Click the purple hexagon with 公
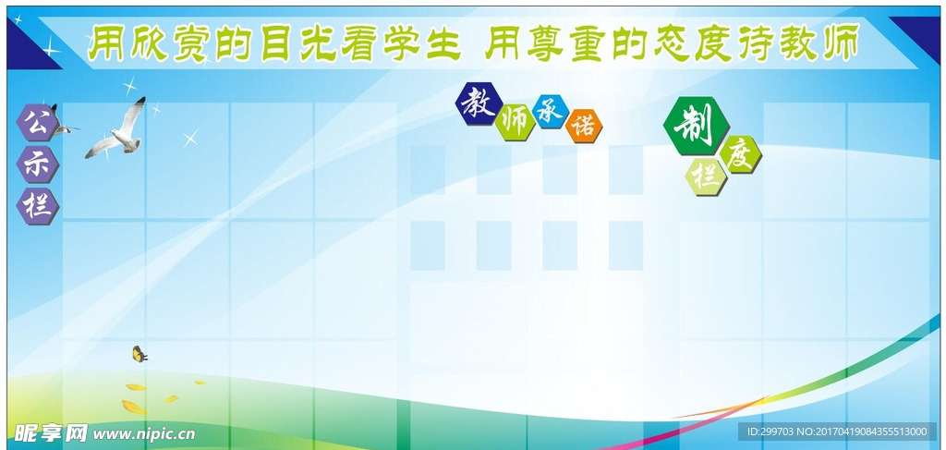[x=37, y=122]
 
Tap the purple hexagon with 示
[x=37, y=164]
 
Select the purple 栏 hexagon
[x=37, y=206]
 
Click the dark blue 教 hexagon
[x=479, y=103]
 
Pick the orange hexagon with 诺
[x=584, y=126]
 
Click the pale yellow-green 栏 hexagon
[x=706, y=176]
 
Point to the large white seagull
[x=115, y=129]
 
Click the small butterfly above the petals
[x=139, y=354]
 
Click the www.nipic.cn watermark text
[x=143, y=433]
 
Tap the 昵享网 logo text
[x=52, y=432]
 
